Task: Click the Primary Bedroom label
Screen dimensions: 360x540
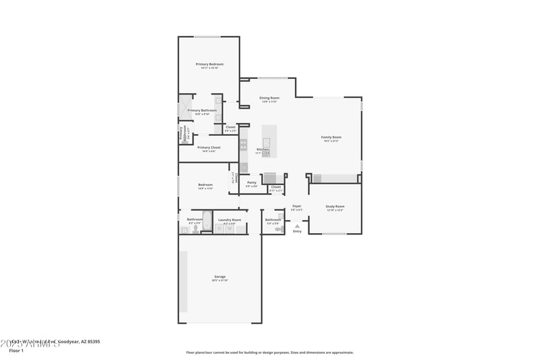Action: pyautogui.click(x=209, y=64)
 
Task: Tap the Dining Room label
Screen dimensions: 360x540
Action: pyautogui.click(x=269, y=98)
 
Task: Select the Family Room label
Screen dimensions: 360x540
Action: pyautogui.click(x=331, y=137)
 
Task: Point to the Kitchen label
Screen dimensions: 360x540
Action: pyautogui.click(x=263, y=149)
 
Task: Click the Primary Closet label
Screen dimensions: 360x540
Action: pyautogui.click(x=209, y=147)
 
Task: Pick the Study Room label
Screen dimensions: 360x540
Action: pyautogui.click(x=335, y=206)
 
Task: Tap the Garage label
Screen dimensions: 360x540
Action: pyautogui.click(x=220, y=276)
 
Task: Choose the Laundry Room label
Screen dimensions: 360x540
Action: pyautogui.click(x=230, y=220)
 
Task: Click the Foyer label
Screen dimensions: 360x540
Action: pyautogui.click(x=296, y=206)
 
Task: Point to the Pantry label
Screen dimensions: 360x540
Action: pyautogui.click(x=252, y=182)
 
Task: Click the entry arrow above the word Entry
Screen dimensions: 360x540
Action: pyautogui.click(x=297, y=226)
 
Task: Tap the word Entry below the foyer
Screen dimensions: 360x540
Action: pyautogui.click(x=297, y=232)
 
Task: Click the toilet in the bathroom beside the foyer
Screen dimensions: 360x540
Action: pyautogui.click(x=279, y=230)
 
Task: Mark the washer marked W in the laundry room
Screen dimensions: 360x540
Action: pyautogui.click(x=230, y=229)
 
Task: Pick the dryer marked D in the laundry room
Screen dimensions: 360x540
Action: pyautogui.click(x=219, y=229)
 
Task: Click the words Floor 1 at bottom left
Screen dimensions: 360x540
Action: pyautogui.click(x=16, y=351)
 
